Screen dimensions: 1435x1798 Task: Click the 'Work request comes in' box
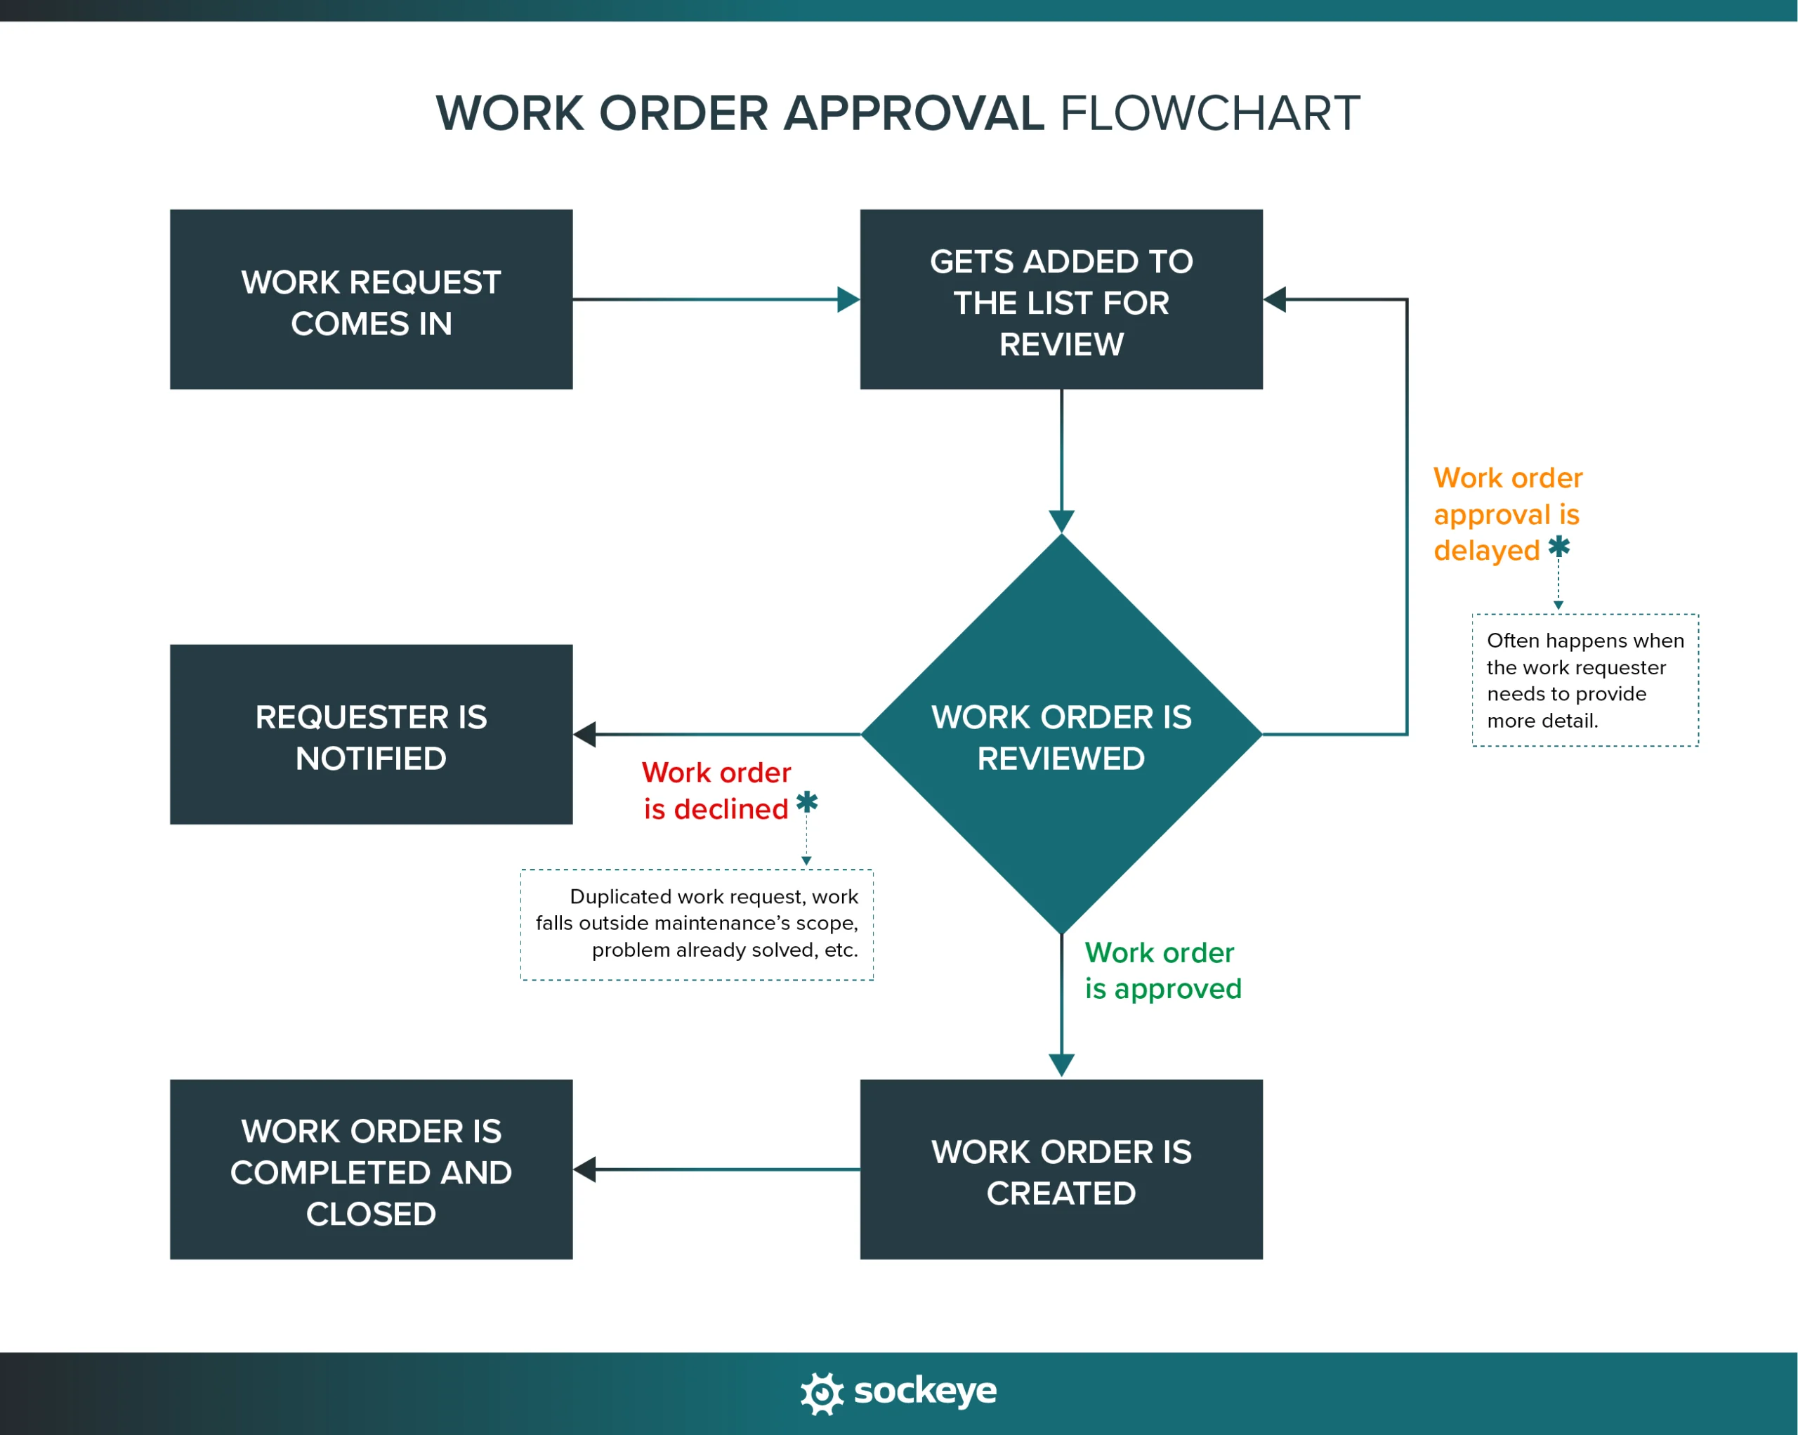click(371, 299)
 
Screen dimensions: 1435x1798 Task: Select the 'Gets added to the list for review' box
click(1061, 299)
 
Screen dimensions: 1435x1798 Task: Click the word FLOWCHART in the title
click(1209, 113)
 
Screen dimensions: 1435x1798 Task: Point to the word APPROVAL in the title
click(913, 113)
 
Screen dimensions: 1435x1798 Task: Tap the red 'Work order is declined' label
click(716, 790)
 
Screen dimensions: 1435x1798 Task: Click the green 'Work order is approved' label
click(1162, 971)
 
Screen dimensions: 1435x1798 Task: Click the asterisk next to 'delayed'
click(1559, 548)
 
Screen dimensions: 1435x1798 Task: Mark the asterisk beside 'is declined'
click(806, 803)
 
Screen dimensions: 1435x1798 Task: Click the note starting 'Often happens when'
click(1584, 681)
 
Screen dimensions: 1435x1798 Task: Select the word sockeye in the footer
click(925, 1391)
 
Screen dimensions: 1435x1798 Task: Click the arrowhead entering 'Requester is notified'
click(584, 735)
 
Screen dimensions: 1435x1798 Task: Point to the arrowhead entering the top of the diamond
click(1061, 521)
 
